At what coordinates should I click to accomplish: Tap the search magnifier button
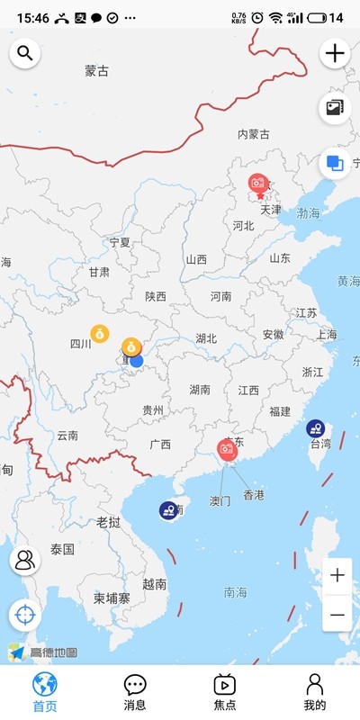pos(25,53)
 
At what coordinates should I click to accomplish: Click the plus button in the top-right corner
pos(335,53)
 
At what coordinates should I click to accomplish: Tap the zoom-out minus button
pos(337,614)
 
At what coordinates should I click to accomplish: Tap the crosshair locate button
pos(25,616)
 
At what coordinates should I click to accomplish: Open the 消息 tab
pos(135,692)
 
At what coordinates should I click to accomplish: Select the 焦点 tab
pos(224,692)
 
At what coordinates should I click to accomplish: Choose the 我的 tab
pos(314,692)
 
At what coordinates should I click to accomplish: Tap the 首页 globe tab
pos(44,692)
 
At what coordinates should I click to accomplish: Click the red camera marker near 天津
pos(259,184)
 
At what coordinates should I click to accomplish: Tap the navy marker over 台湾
pos(315,428)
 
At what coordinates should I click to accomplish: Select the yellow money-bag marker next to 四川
pos(100,333)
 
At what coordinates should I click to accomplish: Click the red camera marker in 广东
pos(227,448)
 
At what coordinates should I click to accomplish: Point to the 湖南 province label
pos(200,390)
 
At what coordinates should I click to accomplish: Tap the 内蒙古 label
pos(253,134)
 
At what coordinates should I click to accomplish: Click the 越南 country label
pos(154,584)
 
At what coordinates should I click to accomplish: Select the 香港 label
pos(254,495)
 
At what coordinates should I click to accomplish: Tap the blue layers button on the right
pos(335,163)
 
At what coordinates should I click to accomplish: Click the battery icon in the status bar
pos(317,17)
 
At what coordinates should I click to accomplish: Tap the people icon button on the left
pos(25,560)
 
